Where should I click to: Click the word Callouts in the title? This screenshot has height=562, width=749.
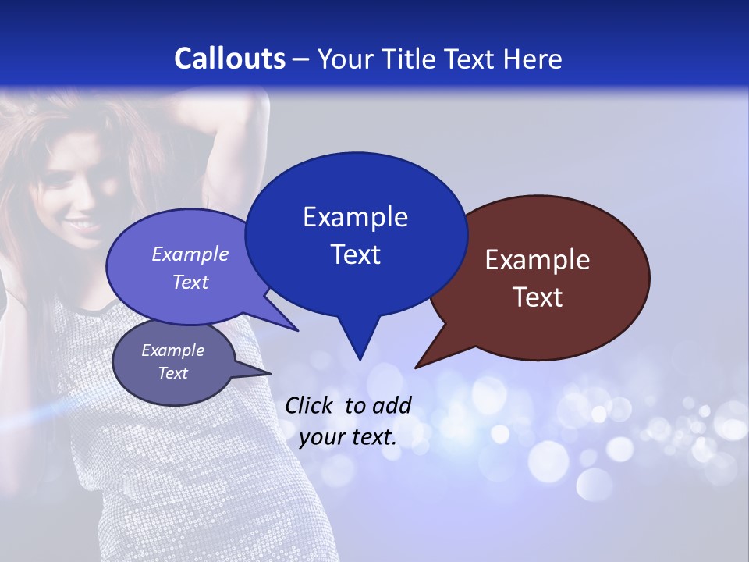[229, 59]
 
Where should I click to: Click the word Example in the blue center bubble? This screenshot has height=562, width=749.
[355, 217]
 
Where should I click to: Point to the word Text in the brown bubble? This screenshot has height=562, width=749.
[538, 297]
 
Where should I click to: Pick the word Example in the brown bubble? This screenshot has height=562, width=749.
[538, 260]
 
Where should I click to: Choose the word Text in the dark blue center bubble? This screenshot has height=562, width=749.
[355, 254]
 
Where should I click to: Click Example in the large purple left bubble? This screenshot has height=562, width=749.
[190, 254]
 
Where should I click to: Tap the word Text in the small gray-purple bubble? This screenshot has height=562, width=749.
[172, 373]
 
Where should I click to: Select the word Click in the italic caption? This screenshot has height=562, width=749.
[311, 405]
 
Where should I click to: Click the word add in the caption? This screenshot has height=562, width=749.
[392, 405]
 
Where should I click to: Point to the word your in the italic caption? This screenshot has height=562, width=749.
[321, 437]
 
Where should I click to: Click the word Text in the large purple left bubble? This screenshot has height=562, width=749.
[190, 282]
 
